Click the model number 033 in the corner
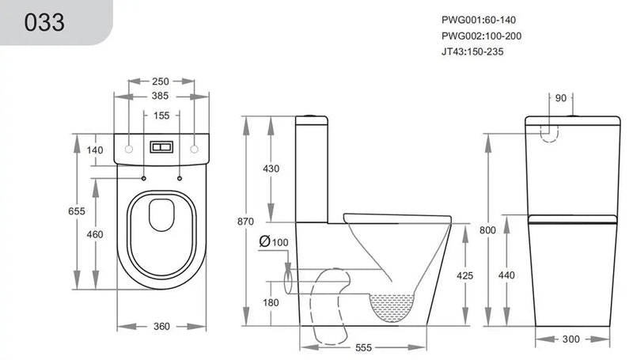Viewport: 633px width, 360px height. pyautogui.click(x=45, y=21)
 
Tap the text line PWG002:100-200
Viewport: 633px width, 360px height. pyautogui.click(x=480, y=36)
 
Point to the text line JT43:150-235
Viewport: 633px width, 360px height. pyautogui.click(x=472, y=51)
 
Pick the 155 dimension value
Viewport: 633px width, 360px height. pyautogui.click(x=162, y=116)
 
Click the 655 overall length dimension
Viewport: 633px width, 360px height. pyautogui.click(x=76, y=211)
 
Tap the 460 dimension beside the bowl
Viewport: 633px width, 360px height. pyautogui.click(x=95, y=235)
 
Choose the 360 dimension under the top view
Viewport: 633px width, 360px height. pyautogui.click(x=162, y=326)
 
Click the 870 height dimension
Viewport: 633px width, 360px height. pyautogui.click(x=247, y=222)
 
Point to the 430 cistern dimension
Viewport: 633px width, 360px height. pyautogui.click(x=271, y=169)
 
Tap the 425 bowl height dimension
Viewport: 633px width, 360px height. pyautogui.click(x=464, y=275)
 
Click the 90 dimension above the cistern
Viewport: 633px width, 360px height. pyautogui.click(x=561, y=98)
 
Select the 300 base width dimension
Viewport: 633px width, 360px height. pyautogui.click(x=570, y=339)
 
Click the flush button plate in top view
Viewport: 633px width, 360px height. pyautogui.click(x=162, y=147)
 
